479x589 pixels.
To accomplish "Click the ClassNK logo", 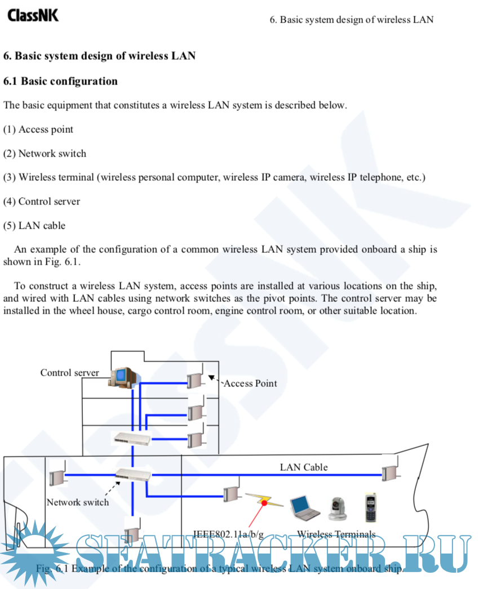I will pyautogui.click(x=33, y=15).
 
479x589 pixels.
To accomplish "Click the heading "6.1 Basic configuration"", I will pyautogui.click(x=61, y=81).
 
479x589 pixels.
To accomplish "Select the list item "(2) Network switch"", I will pyautogui.click(x=45, y=153).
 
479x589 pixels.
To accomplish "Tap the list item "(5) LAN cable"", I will pyautogui.click(x=34, y=225).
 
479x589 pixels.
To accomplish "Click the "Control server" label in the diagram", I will pyautogui.click(x=69, y=373).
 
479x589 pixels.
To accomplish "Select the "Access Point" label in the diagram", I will pyautogui.click(x=250, y=383).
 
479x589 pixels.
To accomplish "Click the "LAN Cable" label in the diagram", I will pyautogui.click(x=304, y=467).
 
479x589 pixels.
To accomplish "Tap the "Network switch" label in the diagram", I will pyautogui.click(x=78, y=502).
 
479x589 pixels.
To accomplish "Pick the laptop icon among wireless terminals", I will pyautogui.click(x=304, y=507).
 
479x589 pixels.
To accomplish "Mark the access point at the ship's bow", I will pyautogui.click(x=388, y=471).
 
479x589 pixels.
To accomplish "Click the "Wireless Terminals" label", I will pyautogui.click(x=336, y=534).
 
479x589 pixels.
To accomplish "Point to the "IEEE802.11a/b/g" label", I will pyautogui.click(x=228, y=534).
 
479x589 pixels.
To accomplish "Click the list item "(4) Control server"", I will pyautogui.click(x=42, y=201).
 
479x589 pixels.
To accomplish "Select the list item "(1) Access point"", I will pyautogui.click(x=38, y=129).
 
